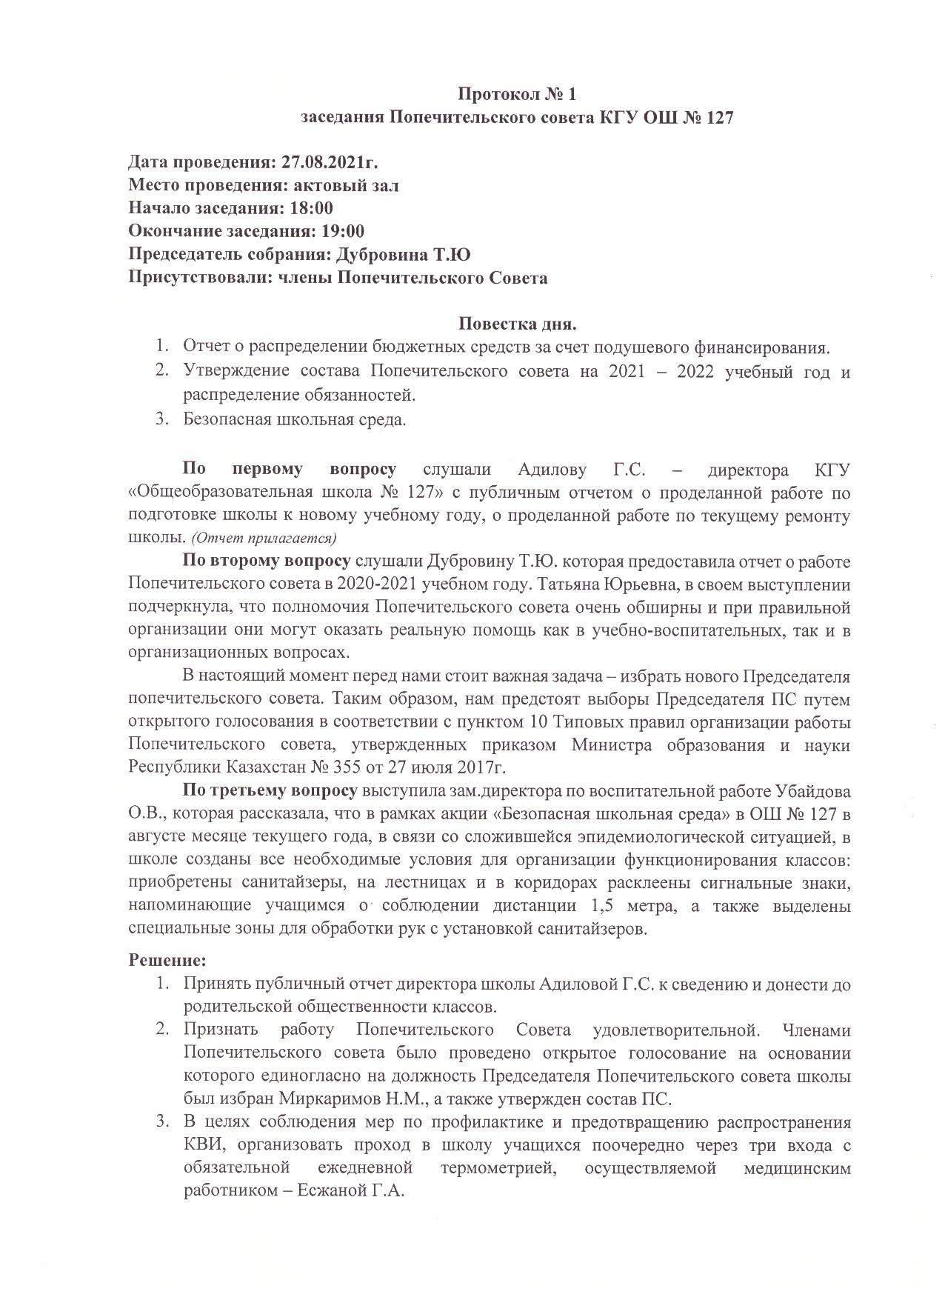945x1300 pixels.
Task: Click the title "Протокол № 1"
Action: [516, 94]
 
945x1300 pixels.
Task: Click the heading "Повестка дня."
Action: [517, 324]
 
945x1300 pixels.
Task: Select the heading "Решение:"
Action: [167, 960]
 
